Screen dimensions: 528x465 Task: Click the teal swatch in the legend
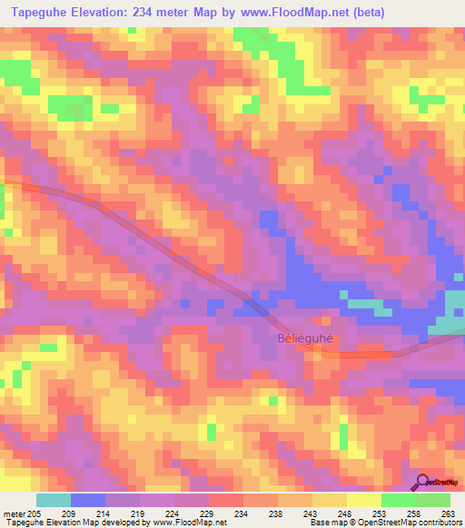click(54, 500)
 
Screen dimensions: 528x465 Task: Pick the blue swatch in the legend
click(88, 500)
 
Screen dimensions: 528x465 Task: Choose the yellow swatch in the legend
click(363, 500)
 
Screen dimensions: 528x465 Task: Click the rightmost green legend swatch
click(433, 500)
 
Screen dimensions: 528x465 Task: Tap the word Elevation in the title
click(97, 12)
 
